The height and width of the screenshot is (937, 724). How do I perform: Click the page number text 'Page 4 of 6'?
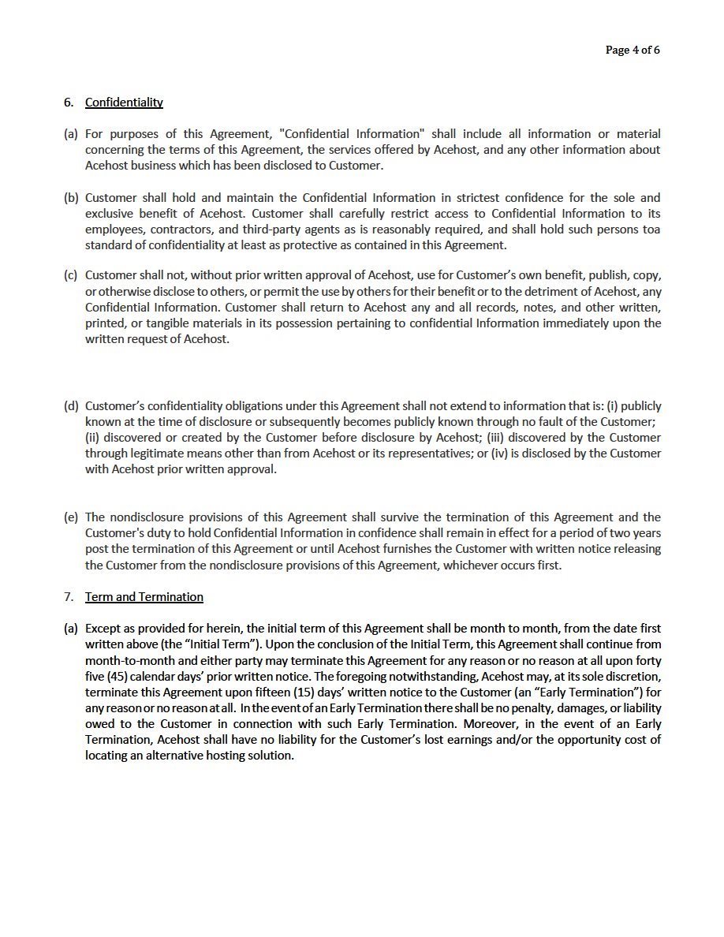(633, 50)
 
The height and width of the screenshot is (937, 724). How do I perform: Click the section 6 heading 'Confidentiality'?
(124, 103)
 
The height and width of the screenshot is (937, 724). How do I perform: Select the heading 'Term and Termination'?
(144, 597)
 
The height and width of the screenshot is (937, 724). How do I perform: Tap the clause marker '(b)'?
(71, 198)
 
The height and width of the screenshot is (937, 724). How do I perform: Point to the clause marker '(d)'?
(71, 406)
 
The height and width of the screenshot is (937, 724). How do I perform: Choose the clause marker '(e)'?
(71, 517)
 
